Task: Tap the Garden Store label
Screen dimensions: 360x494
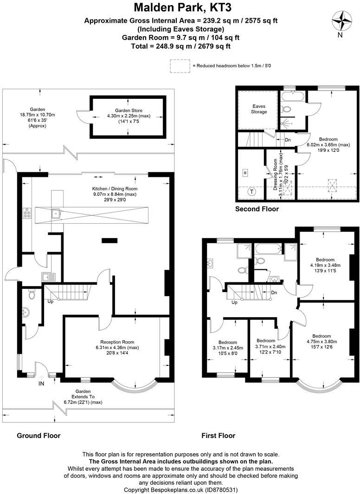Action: click(129, 110)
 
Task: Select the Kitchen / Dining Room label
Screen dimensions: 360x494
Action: click(115, 188)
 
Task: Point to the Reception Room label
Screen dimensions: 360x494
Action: click(117, 342)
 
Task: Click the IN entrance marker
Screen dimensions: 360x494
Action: click(41, 383)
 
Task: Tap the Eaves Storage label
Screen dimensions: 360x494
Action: click(259, 109)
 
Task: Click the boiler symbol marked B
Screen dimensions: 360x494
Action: click(245, 173)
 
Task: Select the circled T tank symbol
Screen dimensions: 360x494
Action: click(252, 191)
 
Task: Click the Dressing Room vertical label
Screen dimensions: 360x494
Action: click(276, 175)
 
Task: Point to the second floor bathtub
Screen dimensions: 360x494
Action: click(293, 97)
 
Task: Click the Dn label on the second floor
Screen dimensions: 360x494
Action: click(288, 140)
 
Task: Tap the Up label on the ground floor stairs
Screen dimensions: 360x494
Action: click(51, 301)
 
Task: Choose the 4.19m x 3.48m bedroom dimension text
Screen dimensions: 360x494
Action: click(325, 265)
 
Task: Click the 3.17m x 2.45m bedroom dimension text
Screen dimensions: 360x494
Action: click(227, 348)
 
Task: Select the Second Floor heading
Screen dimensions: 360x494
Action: click(257, 209)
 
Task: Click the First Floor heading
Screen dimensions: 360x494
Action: click(219, 435)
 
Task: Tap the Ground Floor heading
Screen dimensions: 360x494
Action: click(39, 435)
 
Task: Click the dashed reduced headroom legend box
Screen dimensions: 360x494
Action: click(180, 66)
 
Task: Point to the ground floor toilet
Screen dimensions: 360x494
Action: click(32, 294)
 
